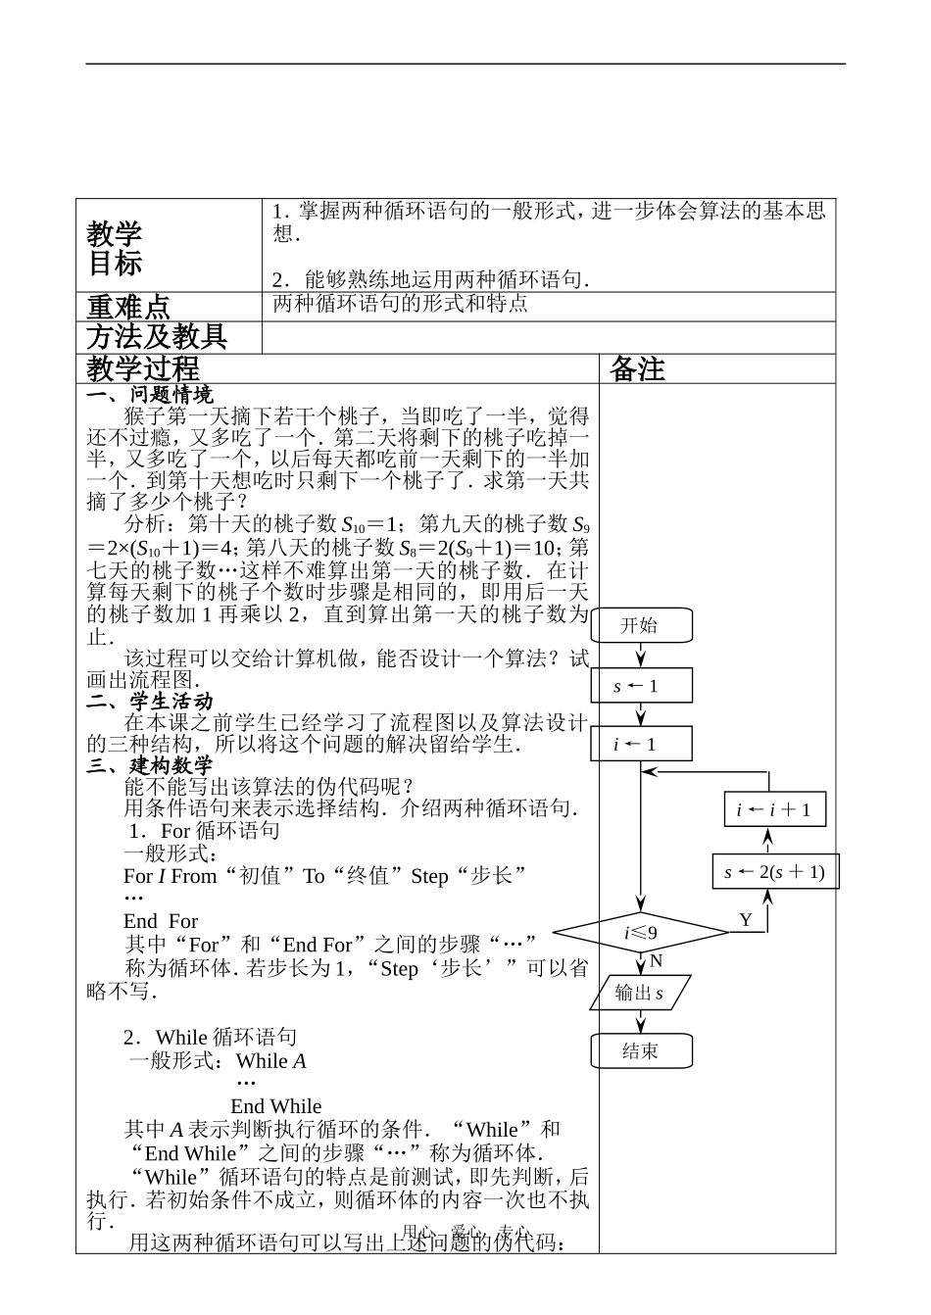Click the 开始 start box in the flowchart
point(641,625)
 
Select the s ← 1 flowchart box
point(641,686)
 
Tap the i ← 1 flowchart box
point(641,744)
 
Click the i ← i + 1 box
point(774,809)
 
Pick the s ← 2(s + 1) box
point(775,871)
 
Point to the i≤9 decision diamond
point(641,932)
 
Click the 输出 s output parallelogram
point(640,993)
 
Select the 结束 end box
point(641,1051)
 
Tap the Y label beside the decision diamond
point(746,920)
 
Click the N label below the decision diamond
point(657,961)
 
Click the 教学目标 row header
point(115,248)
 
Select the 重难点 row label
point(128,308)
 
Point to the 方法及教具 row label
point(157,337)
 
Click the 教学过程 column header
point(143,368)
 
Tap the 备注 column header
point(637,368)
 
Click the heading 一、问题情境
point(150,395)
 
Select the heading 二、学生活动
point(150,702)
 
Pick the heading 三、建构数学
point(150,765)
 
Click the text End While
point(275,1106)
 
